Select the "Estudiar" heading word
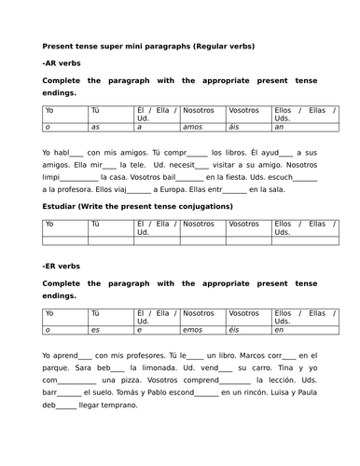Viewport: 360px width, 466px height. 63,206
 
